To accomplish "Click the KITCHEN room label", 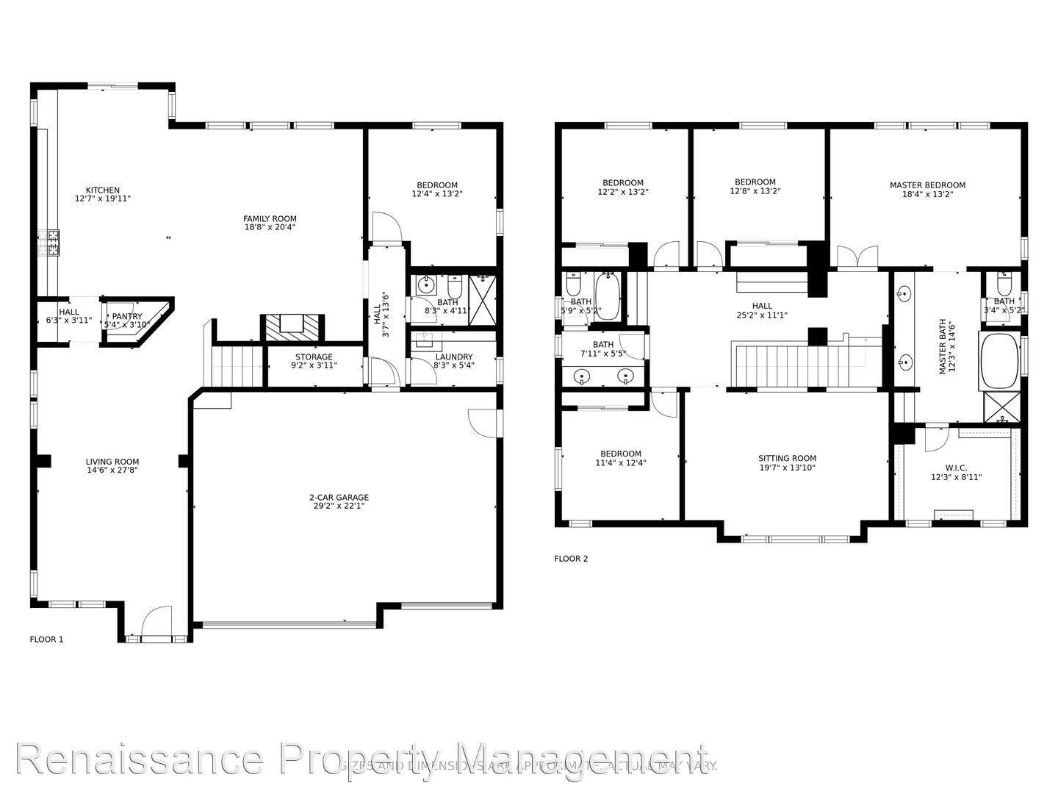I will tap(102, 190).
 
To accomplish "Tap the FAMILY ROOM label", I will tap(270, 218).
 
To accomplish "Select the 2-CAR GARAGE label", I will tap(339, 498).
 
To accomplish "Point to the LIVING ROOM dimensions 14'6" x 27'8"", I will tap(112, 471).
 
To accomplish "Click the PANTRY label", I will tap(127, 317).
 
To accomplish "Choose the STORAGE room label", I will tap(314, 357).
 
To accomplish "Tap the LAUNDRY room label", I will tap(453, 357).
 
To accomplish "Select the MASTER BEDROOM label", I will tap(927, 185).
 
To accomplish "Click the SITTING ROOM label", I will tap(787, 459).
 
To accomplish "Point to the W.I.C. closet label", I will tap(956, 468).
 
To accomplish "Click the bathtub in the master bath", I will tap(1000, 362).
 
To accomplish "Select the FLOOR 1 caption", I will tap(46, 640).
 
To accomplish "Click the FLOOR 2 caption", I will tap(571, 559).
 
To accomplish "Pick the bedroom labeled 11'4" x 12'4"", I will tap(620, 459).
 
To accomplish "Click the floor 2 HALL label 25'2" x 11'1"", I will tap(762, 310).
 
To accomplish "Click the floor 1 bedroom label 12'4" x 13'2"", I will tap(436, 190).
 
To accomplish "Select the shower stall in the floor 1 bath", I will tap(482, 299).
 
